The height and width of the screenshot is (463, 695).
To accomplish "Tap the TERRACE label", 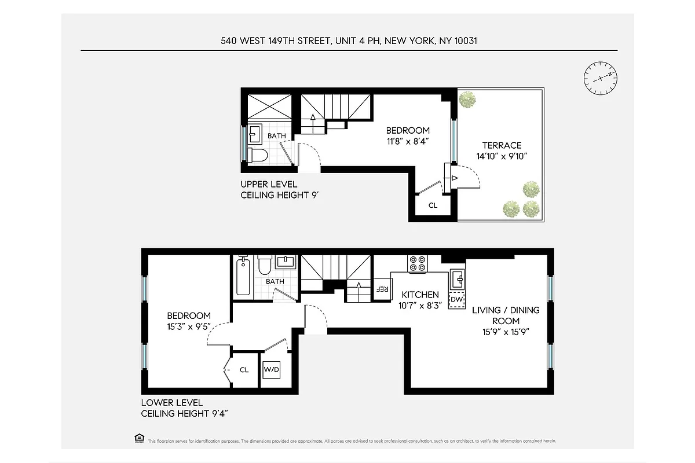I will (x=499, y=145).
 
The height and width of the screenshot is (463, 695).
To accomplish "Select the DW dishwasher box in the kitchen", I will (x=457, y=300).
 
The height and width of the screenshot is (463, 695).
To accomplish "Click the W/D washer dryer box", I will (x=271, y=369).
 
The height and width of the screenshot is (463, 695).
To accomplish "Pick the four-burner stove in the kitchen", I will (x=417, y=264).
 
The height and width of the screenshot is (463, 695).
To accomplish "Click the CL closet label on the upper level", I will (x=433, y=205).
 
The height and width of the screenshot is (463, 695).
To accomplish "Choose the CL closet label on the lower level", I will (x=244, y=369).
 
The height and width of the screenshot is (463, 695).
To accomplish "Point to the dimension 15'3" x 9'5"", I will (x=189, y=326).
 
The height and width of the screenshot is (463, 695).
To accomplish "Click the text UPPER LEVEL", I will (x=269, y=185).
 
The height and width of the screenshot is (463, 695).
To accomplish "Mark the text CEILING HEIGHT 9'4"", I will (x=185, y=413).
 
